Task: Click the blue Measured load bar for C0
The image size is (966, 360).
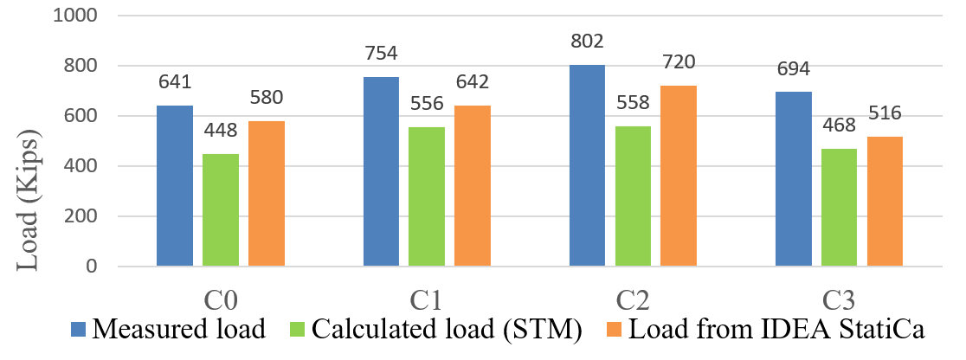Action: [x=175, y=186]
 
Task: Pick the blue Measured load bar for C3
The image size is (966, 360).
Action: [x=793, y=179]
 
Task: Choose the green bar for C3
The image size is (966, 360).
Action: [x=839, y=208]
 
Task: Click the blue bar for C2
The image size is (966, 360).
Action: [x=587, y=165]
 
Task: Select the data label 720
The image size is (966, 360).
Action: [x=679, y=61]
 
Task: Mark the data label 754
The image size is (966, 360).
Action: [x=381, y=54]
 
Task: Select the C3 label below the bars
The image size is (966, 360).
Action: [x=839, y=300]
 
